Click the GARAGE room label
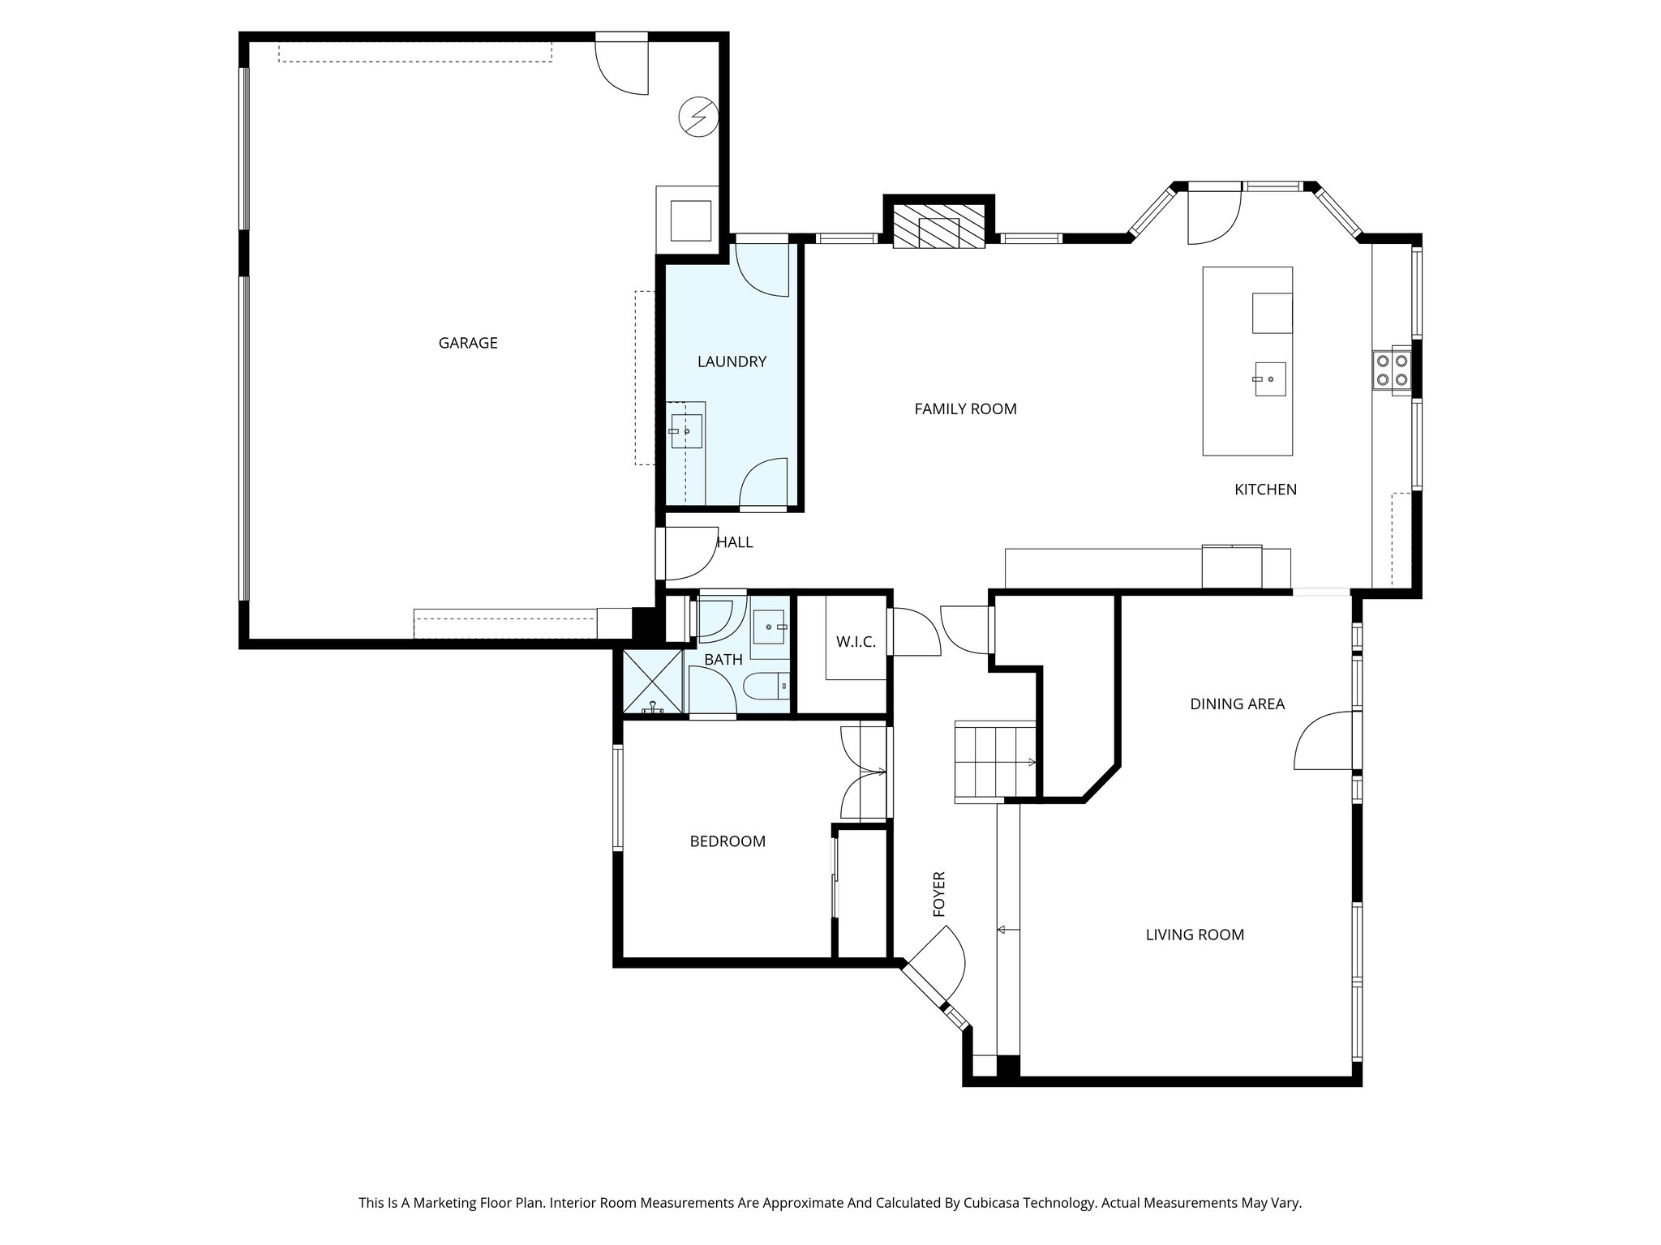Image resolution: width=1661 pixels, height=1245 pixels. [468, 343]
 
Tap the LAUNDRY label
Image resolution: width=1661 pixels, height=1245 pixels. [732, 362]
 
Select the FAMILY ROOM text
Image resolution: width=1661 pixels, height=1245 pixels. [965, 409]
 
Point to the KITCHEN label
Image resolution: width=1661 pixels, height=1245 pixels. [1265, 490]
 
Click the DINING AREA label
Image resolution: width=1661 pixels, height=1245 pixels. [1237, 704]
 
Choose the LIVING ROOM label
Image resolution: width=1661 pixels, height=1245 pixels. [1195, 935]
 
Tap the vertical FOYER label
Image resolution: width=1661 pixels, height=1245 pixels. [940, 895]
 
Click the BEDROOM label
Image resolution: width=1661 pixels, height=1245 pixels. [727, 841]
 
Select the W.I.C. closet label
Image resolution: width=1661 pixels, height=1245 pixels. [856, 642]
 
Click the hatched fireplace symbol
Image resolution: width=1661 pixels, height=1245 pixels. [938, 232]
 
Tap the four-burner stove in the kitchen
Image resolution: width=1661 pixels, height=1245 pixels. [1392, 370]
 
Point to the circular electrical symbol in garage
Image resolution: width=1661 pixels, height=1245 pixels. [698, 118]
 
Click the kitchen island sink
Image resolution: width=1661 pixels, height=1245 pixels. [1269, 379]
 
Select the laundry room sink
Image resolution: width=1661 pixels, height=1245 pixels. [685, 431]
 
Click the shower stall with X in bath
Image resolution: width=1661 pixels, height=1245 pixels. [653, 682]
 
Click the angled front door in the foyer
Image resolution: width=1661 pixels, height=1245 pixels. [933, 973]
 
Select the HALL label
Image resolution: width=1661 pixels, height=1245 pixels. [735, 542]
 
